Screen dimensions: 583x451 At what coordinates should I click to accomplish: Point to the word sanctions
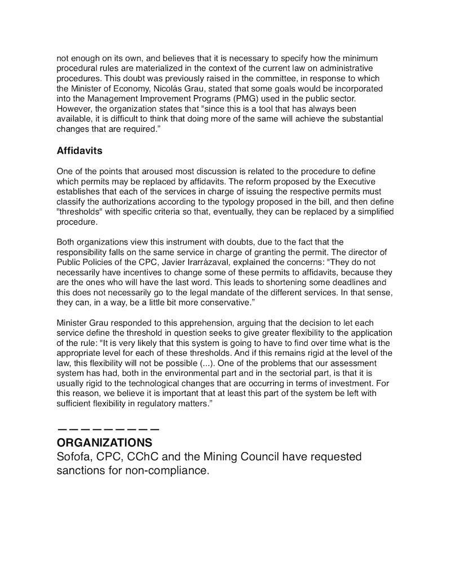click(79, 470)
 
